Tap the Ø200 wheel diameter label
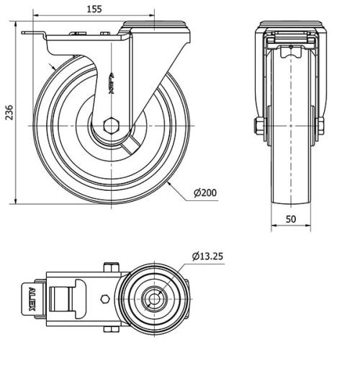point(206,192)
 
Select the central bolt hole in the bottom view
point(153,296)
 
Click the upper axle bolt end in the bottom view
point(110,267)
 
